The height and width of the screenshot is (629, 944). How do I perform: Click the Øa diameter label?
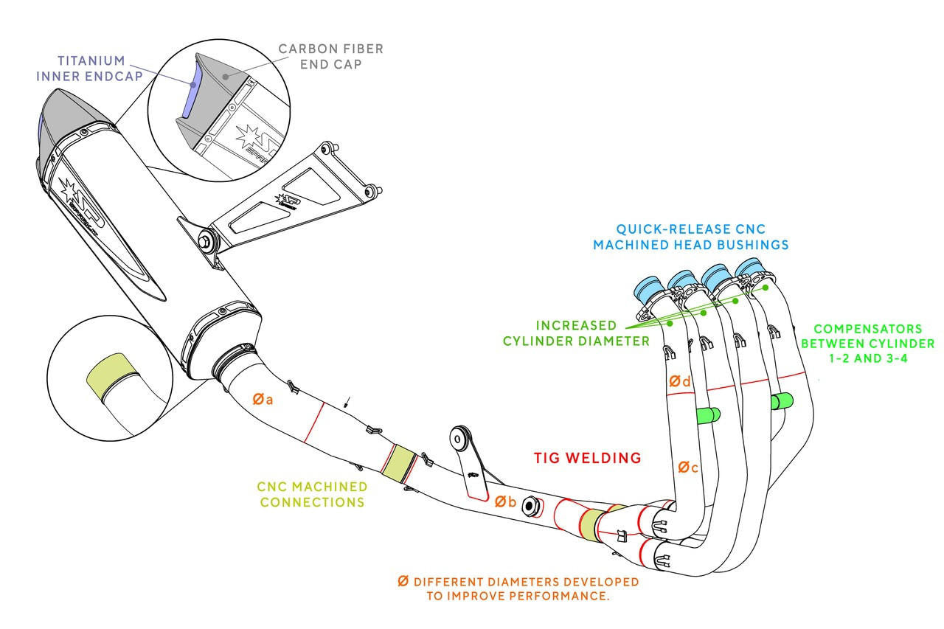pyautogui.click(x=263, y=400)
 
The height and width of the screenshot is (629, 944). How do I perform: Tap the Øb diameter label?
pyautogui.click(x=505, y=501)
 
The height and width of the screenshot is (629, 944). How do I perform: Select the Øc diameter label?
pyautogui.click(x=687, y=468)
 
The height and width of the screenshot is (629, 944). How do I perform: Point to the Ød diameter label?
pyautogui.click(x=679, y=381)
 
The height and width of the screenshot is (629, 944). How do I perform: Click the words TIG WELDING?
pyautogui.click(x=587, y=458)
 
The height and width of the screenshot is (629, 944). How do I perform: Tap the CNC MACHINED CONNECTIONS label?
pyautogui.click(x=312, y=494)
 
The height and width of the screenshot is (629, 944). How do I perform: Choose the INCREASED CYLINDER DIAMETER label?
pyautogui.click(x=576, y=333)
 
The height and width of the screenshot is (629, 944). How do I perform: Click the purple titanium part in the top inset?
pyautogui.click(x=190, y=92)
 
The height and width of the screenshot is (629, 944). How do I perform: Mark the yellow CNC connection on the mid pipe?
pyautogui.click(x=400, y=462)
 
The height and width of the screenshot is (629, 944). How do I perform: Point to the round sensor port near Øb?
pyautogui.click(x=529, y=506)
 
